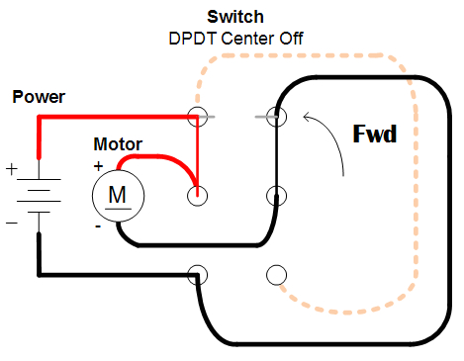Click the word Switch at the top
click(x=235, y=17)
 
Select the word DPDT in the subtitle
click(x=195, y=38)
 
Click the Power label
click(x=38, y=97)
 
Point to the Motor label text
click(x=117, y=144)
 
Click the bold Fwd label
click(x=374, y=133)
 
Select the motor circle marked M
click(x=117, y=194)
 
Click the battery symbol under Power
click(x=39, y=194)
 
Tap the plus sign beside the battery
click(x=12, y=169)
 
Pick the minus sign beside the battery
click(x=12, y=222)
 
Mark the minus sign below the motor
click(x=98, y=226)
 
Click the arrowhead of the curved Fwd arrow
click(x=306, y=118)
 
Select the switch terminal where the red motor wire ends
click(x=198, y=195)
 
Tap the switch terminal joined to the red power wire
click(x=198, y=117)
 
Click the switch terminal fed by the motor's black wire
click(x=276, y=195)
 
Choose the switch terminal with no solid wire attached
click(x=276, y=273)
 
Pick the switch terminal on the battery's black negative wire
click(x=198, y=273)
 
